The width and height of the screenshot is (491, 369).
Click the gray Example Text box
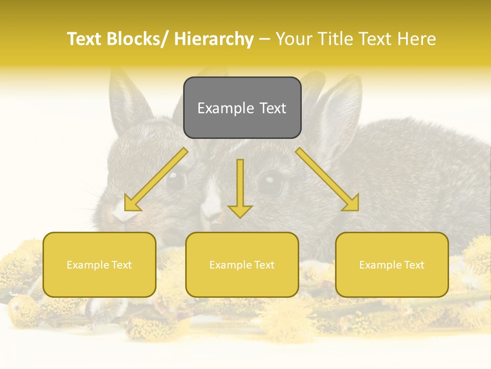point(242,108)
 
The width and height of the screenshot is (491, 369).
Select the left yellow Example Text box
point(99,264)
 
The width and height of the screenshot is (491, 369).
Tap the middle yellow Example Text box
point(242,264)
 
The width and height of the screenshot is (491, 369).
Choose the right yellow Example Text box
point(392,264)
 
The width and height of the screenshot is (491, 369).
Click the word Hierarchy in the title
point(214,39)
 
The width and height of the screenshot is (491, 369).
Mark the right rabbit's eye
point(269,182)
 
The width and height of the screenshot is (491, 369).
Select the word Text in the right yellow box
point(413,265)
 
